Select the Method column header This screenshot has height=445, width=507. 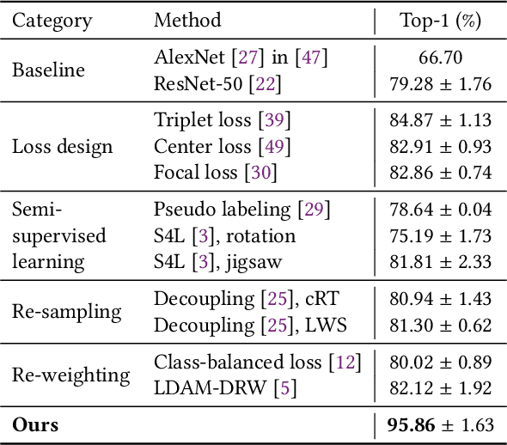[187, 20]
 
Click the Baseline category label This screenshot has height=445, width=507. [48, 70]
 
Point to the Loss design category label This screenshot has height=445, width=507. [62, 146]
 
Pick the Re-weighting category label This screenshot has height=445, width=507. [70, 375]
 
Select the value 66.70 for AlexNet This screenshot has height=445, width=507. [440, 58]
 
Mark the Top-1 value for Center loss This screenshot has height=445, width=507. [440, 146]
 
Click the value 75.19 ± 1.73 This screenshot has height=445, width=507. [440, 235]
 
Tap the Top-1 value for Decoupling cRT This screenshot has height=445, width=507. [440, 298]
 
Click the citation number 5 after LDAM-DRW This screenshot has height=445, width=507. [285, 387]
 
